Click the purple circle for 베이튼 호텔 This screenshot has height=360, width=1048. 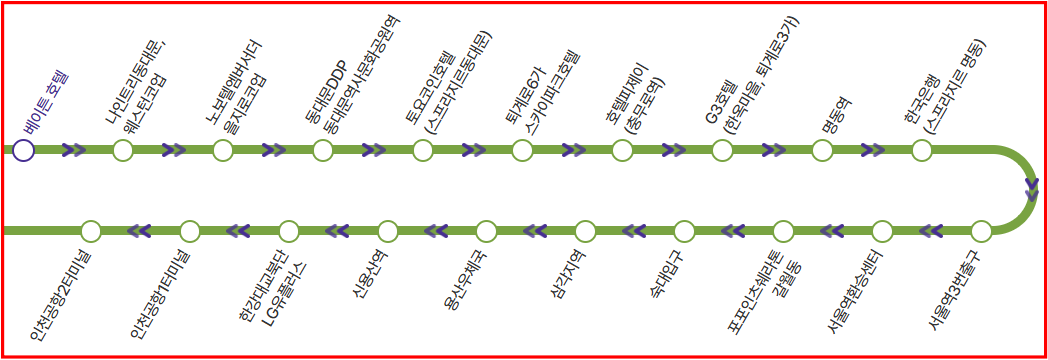click(23, 150)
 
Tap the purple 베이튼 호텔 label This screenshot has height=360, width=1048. click(45, 106)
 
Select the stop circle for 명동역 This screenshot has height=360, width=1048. click(822, 150)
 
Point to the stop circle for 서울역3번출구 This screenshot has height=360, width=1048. click(980, 230)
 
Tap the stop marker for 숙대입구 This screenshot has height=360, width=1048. click(684, 230)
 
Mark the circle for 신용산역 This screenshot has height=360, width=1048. click(388, 230)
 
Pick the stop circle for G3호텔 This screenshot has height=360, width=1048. click(722, 150)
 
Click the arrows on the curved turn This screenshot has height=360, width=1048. click(1032, 188)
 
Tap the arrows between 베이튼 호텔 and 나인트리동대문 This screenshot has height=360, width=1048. click(74, 150)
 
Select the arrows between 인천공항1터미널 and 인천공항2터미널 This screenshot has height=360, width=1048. click(138, 230)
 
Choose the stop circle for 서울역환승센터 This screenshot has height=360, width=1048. click(882, 230)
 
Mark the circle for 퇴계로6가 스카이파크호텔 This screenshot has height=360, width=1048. click(522, 150)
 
